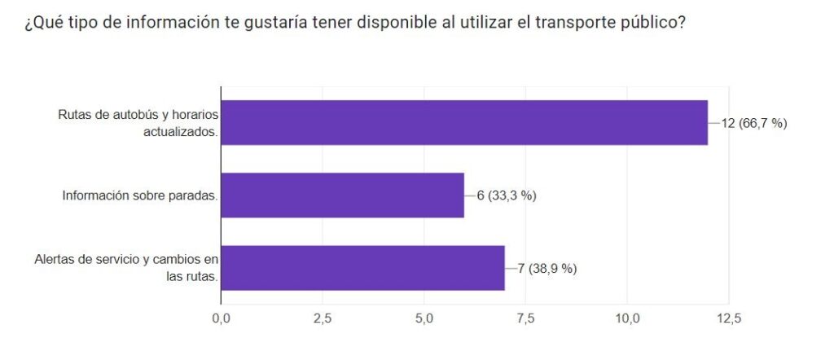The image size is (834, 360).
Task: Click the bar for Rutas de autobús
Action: [464, 122]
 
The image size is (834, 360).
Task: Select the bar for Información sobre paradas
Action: [342, 195]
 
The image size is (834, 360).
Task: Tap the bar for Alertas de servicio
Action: [362, 268]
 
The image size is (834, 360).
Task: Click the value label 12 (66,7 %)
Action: [754, 123]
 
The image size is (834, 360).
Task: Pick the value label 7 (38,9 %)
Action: [547, 268]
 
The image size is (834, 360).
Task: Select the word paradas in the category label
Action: [194, 195]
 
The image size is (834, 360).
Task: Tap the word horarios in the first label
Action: [195, 115]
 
